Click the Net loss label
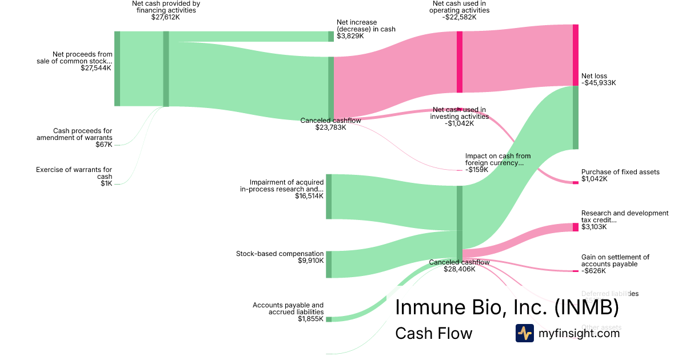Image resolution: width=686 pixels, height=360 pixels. [x=594, y=76]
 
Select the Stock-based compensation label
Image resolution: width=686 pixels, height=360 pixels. [x=280, y=254]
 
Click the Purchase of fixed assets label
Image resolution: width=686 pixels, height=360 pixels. [x=620, y=172]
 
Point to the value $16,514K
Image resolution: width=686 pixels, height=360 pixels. [x=309, y=196]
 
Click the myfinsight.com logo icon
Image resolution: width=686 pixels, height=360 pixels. [x=524, y=333]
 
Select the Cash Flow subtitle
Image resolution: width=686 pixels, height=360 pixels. [x=433, y=334]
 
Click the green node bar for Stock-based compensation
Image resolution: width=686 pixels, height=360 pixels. [x=329, y=264]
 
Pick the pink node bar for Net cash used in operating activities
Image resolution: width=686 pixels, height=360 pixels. [x=460, y=62]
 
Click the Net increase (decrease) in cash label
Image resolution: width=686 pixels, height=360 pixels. [x=366, y=26]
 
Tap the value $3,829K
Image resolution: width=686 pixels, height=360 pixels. [x=350, y=36]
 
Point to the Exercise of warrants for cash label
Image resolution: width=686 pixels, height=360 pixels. [x=74, y=173]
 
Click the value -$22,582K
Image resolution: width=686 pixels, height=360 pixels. [x=459, y=17]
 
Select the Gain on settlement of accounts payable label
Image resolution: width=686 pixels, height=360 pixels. [x=615, y=261]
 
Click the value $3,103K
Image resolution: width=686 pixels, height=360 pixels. [x=594, y=227]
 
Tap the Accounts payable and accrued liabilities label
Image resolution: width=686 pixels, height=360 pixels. [x=288, y=309]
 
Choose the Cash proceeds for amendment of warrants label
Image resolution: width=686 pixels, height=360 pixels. [x=74, y=134]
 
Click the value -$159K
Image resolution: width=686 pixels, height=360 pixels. [x=477, y=169]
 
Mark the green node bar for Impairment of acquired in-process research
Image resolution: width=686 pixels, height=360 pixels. [x=329, y=197]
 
